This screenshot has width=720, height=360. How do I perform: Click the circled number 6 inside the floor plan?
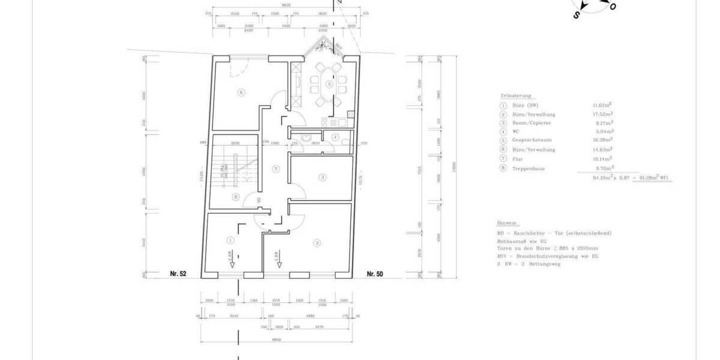pyautogui.click(x=241, y=92)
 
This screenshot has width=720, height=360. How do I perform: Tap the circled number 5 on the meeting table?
pyautogui.click(x=329, y=85)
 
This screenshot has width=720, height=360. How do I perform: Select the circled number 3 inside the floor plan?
pyautogui.click(x=322, y=177)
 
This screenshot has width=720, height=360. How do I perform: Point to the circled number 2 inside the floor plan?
pyautogui.click(x=317, y=242)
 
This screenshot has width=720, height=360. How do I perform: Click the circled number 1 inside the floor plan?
pyautogui.click(x=230, y=240)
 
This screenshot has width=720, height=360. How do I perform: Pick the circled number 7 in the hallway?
pyautogui.click(x=275, y=169)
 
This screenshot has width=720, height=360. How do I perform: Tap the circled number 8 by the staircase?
pyautogui.click(x=236, y=196)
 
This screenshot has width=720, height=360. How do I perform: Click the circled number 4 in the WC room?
pyautogui.click(x=335, y=137)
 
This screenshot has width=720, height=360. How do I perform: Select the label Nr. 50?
pyautogui.click(x=375, y=274)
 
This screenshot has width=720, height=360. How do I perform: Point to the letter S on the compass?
pyautogui.click(x=576, y=16)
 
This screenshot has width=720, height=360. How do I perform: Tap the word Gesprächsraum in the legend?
pyautogui.click(x=528, y=140)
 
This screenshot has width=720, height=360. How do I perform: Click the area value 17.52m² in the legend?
pyautogui.click(x=603, y=114)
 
